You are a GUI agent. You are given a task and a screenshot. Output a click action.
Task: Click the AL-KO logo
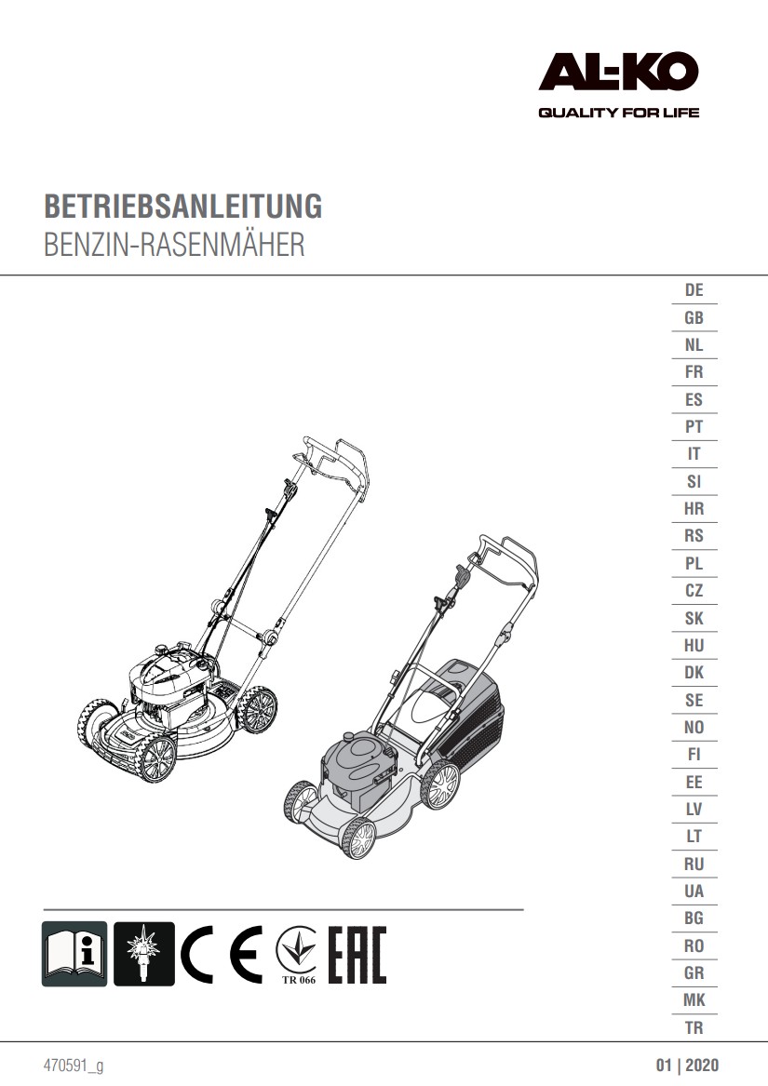pyautogui.click(x=618, y=72)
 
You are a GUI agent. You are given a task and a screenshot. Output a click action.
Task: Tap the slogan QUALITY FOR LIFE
pyautogui.click(x=618, y=113)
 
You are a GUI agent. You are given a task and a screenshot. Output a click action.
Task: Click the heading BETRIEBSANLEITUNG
pyautogui.click(x=183, y=207)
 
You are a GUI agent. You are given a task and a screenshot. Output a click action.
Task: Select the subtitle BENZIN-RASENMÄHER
pyautogui.click(x=174, y=245)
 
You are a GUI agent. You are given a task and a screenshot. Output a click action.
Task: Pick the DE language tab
pyautogui.click(x=694, y=290)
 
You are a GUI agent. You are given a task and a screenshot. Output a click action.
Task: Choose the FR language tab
pyautogui.click(x=694, y=372)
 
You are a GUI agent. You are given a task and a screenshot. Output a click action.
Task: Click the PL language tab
pyautogui.click(x=694, y=563)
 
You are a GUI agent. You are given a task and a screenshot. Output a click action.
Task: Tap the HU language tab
pyautogui.click(x=694, y=646)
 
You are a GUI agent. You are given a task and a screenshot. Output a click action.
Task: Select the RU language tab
pyautogui.click(x=694, y=864)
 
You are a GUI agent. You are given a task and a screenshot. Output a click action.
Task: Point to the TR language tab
pyautogui.click(x=694, y=1027)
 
